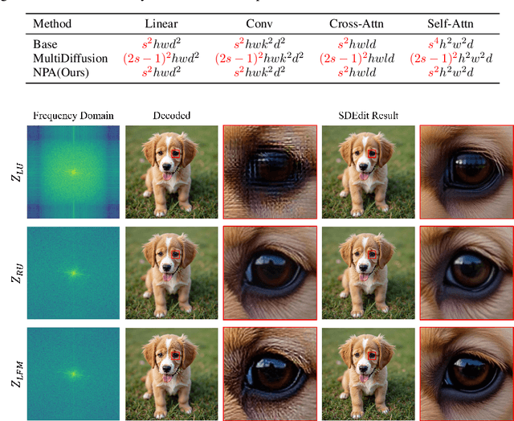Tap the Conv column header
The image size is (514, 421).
tap(261, 26)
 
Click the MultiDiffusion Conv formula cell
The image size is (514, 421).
tap(261, 59)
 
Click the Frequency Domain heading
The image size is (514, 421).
tap(73, 115)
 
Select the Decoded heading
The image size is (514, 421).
tap(171, 115)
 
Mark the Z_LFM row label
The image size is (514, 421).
tap(15, 372)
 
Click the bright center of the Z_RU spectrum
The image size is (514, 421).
tap(73, 273)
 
